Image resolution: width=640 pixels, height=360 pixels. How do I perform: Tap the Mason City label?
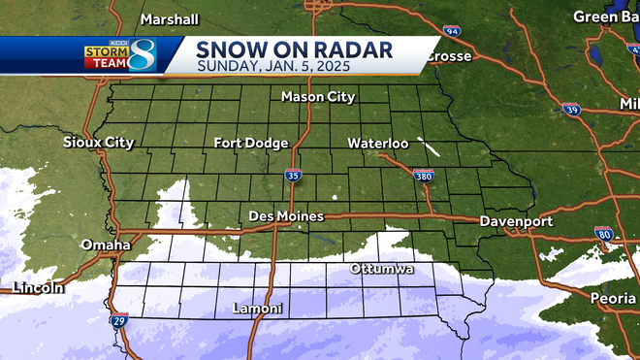coord(318,97)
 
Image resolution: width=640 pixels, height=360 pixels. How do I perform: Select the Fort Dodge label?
coord(251,144)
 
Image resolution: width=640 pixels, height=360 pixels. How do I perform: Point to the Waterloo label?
coord(378,144)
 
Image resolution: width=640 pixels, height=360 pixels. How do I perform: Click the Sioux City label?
coord(98,143)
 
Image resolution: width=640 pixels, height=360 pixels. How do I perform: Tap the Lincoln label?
coord(39,287)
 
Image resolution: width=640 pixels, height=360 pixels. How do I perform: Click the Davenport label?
coord(516,221)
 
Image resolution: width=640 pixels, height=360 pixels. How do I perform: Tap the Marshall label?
coord(169,19)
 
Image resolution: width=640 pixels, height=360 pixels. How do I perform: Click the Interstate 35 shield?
coord(293,176)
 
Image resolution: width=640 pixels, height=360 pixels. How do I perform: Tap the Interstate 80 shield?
coord(604,234)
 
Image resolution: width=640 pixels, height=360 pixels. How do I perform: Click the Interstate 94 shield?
coord(452,32)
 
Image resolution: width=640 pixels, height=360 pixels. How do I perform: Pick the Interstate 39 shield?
coord(573,111)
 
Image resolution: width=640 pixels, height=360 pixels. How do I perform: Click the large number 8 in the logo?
coord(144,54)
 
